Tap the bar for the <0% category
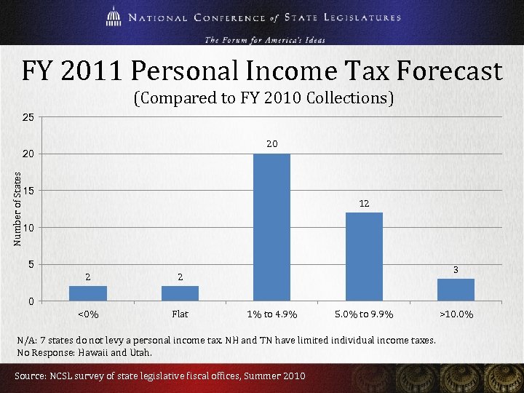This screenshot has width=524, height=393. pyautogui.click(x=87, y=293)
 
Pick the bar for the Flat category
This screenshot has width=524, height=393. pyautogui.click(x=180, y=293)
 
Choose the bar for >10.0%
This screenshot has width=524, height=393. pyautogui.click(x=456, y=290)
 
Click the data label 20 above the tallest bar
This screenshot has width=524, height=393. pyautogui.click(x=271, y=144)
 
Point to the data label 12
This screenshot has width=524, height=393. pyautogui.click(x=364, y=204)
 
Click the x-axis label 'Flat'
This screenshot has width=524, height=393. pyautogui.click(x=180, y=314)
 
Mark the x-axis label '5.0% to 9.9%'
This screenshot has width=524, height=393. pyautogui.click(x=364, y=314)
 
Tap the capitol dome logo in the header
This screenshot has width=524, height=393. pyautogui.click(x=114, y=17)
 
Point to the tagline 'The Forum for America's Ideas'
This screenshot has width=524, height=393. pyautogui.click(x=265, y=39)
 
